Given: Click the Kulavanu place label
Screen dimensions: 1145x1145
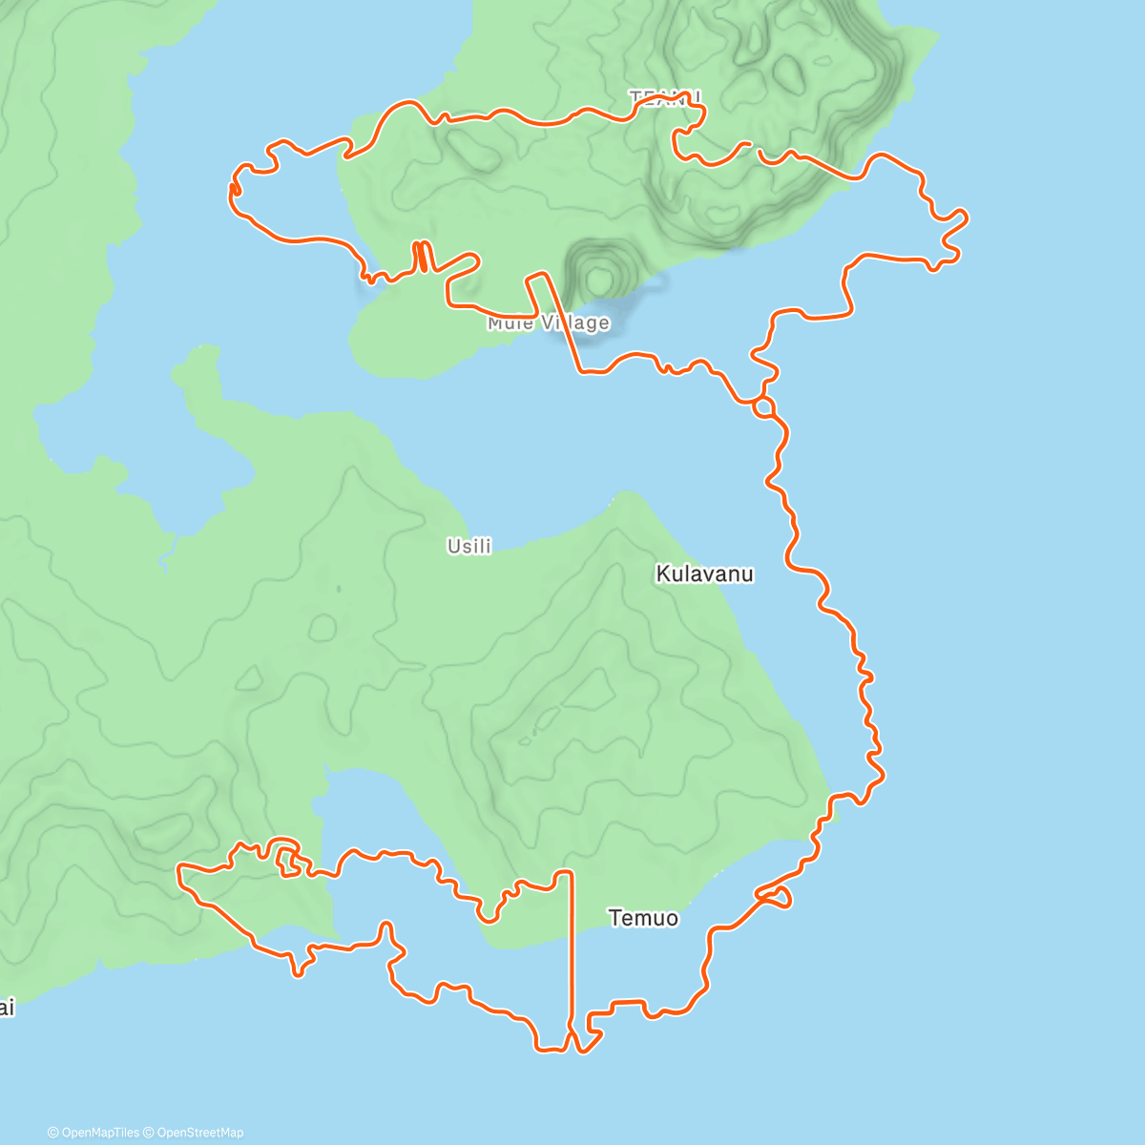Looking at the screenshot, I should (704, 574).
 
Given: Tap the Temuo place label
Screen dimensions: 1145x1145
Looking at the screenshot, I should (643, 918).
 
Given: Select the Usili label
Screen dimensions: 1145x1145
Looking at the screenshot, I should (469, 546).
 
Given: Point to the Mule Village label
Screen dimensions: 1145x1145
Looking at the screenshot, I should (548, 323).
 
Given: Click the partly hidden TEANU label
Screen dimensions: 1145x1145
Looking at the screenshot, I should (665, 96).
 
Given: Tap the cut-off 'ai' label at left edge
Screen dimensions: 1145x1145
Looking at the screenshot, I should (7, 1008).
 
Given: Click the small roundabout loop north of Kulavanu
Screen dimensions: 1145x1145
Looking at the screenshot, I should (763, 407).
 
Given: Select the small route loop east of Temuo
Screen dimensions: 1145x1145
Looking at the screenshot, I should (774, 896).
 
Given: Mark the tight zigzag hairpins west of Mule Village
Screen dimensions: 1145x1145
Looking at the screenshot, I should (421, 257).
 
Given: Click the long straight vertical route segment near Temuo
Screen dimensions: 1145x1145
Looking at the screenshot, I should (572, 954).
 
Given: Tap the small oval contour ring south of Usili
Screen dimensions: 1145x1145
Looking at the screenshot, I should (323, 627).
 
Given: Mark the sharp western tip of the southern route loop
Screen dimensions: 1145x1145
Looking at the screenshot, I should (180, 868).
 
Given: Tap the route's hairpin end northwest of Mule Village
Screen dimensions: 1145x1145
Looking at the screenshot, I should (234, 191).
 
